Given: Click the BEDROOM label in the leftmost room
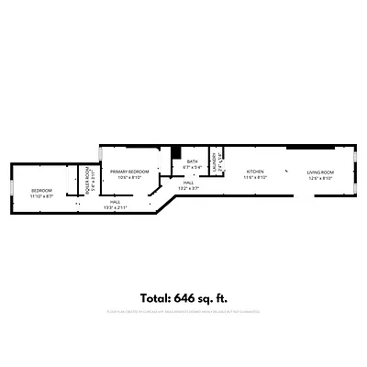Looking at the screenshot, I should [42, 191].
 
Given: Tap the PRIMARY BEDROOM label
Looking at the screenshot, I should [129, 172].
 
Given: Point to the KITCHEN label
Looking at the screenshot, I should [255, 172].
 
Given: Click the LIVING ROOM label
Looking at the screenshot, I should [320, 172].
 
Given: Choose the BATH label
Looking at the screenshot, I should [192, 162].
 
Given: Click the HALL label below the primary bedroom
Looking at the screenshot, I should [116, 202].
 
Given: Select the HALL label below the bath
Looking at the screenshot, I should [188, 183].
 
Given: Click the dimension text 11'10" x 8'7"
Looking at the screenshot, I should [42, 196].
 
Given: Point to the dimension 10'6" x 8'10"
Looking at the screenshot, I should [129, 178].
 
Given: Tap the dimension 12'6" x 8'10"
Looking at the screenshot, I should [320, 178].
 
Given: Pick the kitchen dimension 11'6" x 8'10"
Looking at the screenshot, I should [255, 178].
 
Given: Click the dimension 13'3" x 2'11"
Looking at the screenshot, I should [116, 207].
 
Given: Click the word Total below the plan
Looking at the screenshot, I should [157, 297].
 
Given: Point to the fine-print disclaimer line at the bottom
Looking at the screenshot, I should [183, 313].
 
